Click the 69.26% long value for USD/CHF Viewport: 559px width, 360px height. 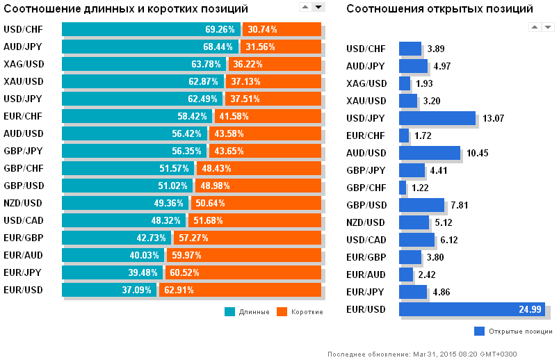coord(220,30)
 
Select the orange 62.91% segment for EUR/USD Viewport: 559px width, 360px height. coord(240,290)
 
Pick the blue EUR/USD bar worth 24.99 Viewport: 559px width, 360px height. coord(471,309)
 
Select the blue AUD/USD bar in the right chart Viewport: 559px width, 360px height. coord(429,153)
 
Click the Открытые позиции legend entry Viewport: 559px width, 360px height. coord(520,331)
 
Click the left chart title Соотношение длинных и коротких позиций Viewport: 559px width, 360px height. coord(126,9)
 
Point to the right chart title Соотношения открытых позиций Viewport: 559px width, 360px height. coord(439,9)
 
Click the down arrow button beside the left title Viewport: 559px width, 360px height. coord(318,6)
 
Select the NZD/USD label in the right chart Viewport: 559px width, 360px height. coord(366,222)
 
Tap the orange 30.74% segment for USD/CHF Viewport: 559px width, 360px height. coord(281,30)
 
